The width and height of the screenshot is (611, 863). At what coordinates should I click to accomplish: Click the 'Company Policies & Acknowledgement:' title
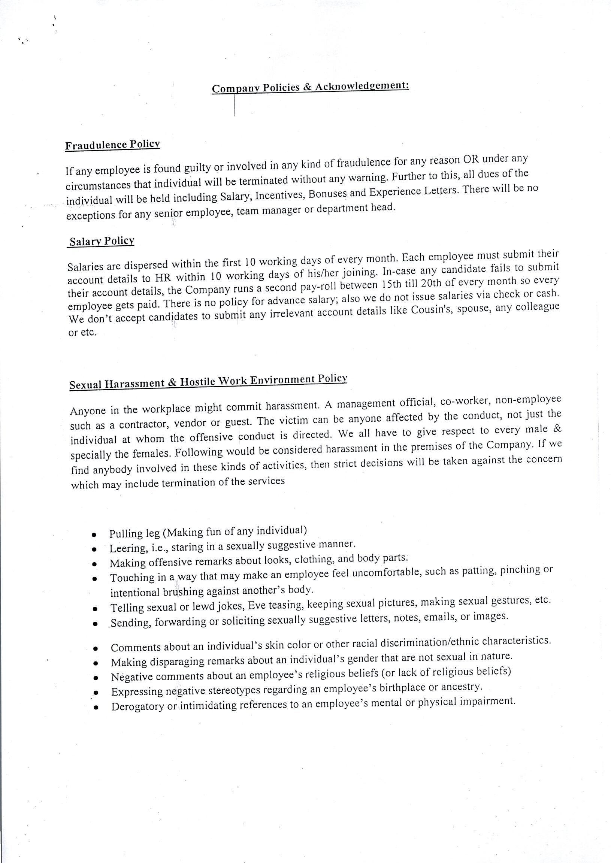[311, 87]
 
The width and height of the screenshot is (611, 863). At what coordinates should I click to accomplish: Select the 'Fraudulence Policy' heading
[112, 145]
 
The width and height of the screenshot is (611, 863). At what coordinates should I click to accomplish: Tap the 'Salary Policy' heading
[102, 241]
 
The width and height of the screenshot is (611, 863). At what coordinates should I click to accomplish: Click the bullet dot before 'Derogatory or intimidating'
[96, 707]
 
